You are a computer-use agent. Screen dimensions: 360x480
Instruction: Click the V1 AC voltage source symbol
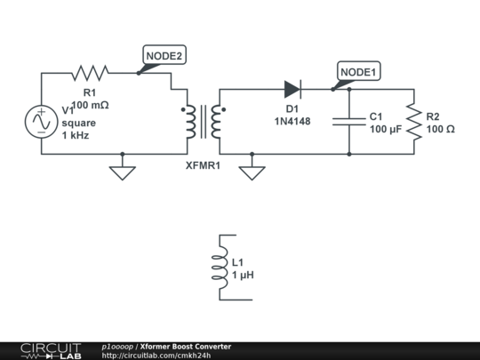pyautogui.click(x=41, y=122)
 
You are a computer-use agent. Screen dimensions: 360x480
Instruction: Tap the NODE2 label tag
pyautogui.click(x=164, y=56)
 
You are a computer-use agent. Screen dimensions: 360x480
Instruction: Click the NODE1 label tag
pyautogui.click(x=358, y=71)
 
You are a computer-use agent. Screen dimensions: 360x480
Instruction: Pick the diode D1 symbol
pyautogui.click(x=293, y=89)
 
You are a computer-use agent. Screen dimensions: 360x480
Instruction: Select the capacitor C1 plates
pyautogui.click(x=348, y=122)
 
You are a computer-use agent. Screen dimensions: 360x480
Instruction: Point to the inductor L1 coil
pyautogui.click(x=220, y=268)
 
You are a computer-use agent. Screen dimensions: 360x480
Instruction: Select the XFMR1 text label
pyautogui.click(x=203, y=165)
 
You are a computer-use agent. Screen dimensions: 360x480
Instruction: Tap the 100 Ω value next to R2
pyautogui.click(x=441, y=130)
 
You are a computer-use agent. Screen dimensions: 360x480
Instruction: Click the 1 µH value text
pyautogui.click(x=243, y=276)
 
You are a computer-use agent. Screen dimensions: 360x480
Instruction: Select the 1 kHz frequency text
pyautogui.click(x=76, y=135)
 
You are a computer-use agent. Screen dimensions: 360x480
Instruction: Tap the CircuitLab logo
pyautogui.click(x=51, y=350)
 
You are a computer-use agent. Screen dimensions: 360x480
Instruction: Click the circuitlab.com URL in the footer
pyautogui.click(x=156, y=356)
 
